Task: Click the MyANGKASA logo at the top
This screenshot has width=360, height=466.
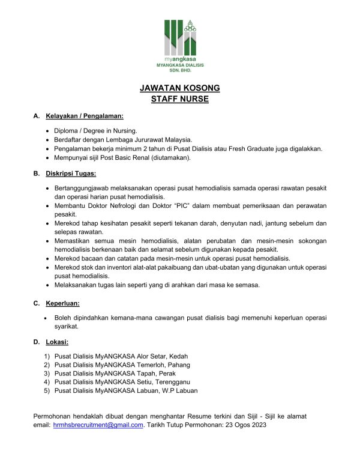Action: coord(180,39)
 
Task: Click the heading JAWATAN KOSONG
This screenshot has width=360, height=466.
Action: coord(180,88)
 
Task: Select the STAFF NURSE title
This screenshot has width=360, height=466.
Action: coord(180,99)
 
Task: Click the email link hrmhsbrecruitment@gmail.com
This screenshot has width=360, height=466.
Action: coord(98,425)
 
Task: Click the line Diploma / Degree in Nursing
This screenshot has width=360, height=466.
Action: coord(95,130)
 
